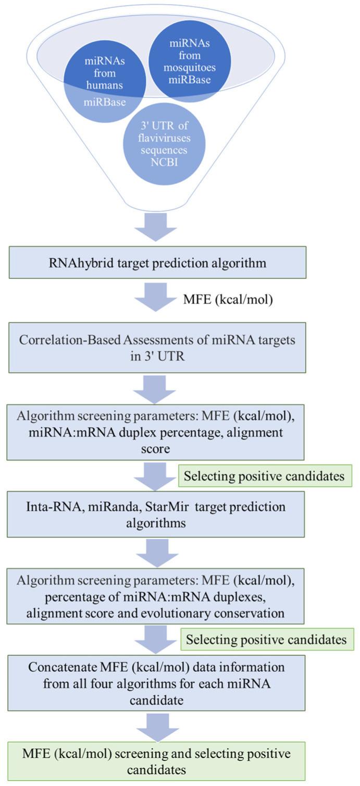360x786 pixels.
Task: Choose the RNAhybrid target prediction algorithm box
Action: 156,263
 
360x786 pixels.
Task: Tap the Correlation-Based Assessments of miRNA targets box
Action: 156,347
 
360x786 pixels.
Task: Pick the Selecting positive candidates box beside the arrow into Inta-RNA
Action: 266,476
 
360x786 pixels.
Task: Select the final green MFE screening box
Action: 156,761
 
